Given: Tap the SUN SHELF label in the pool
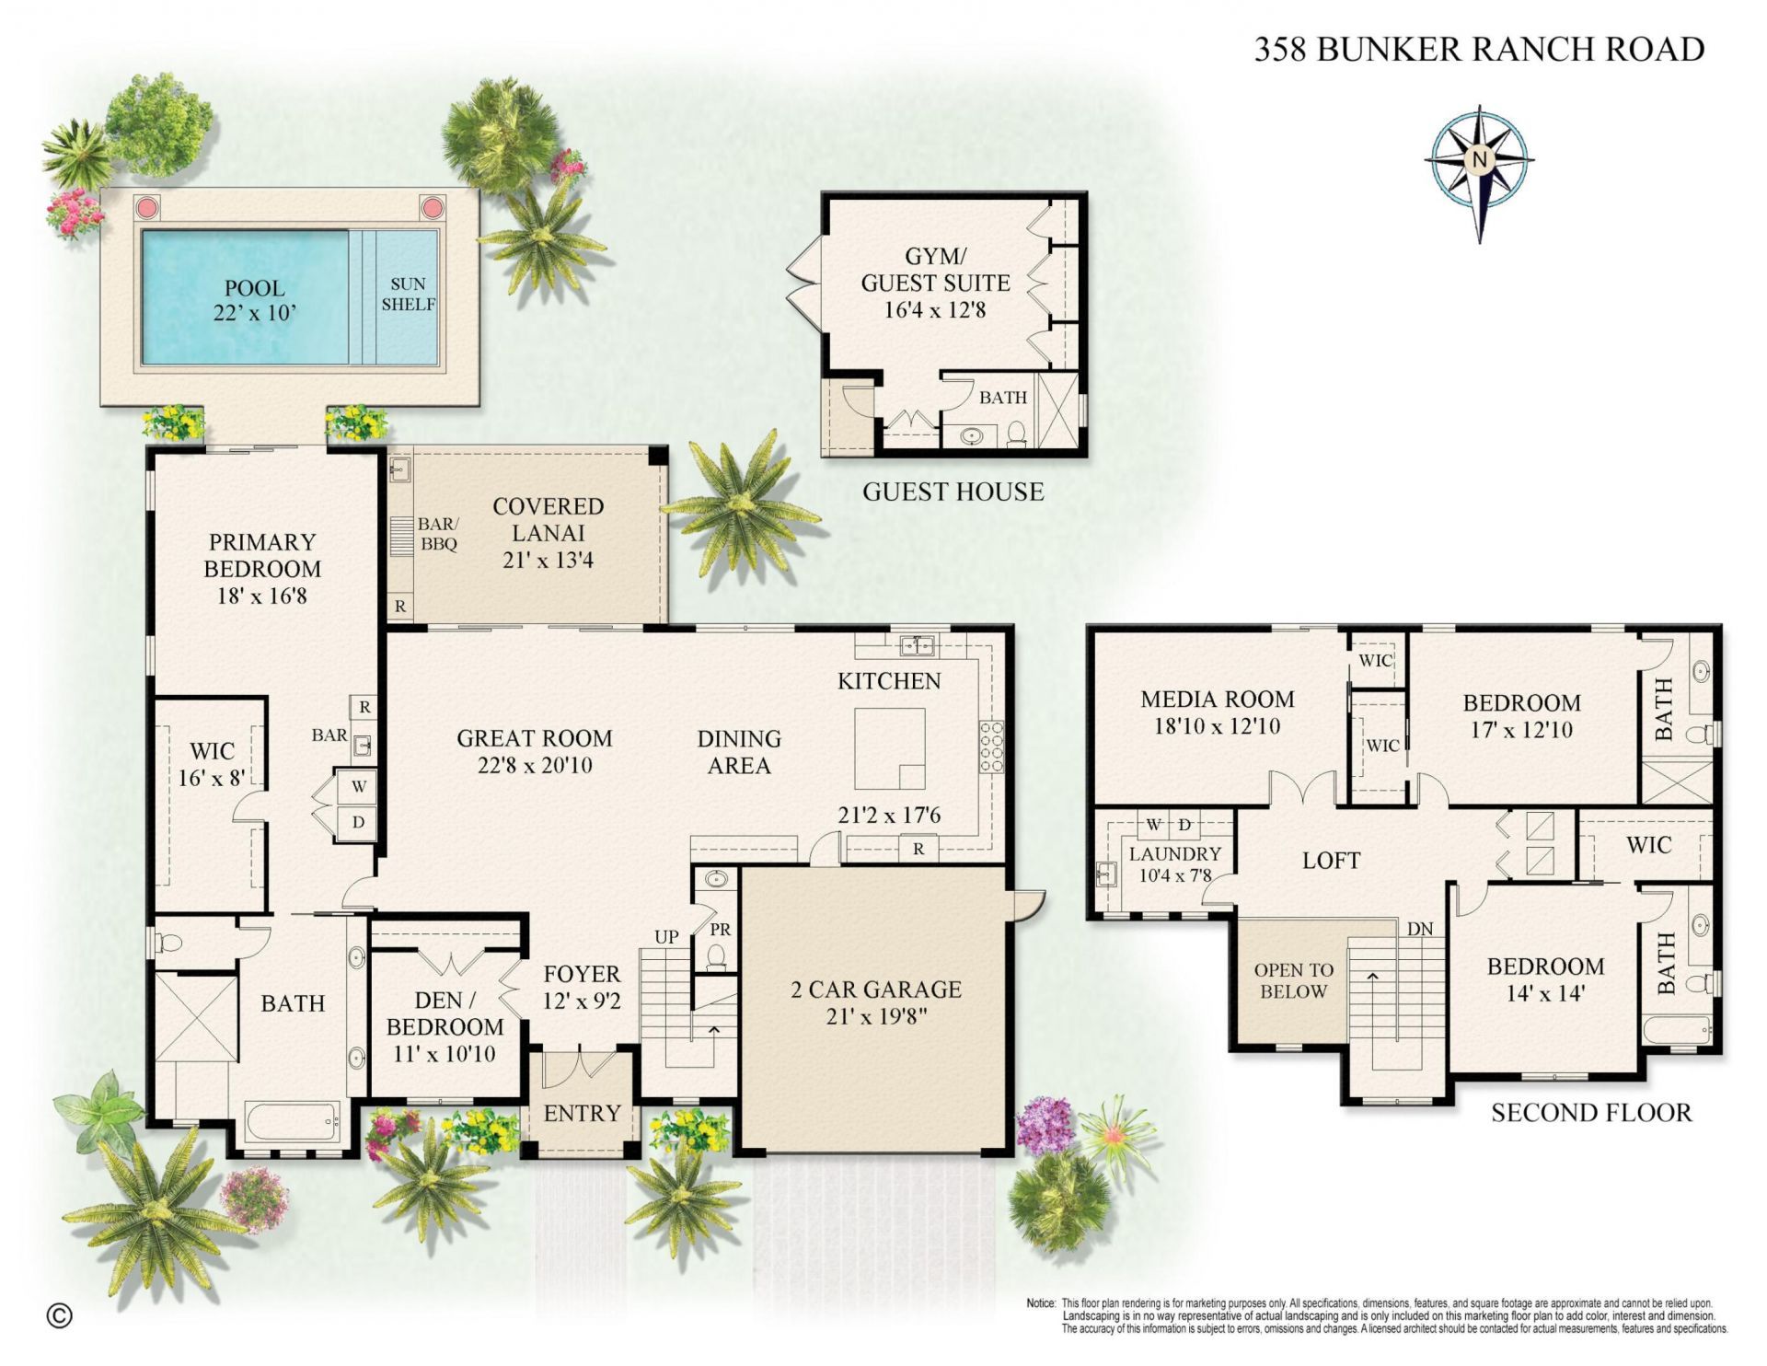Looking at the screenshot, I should (x=408, y=295).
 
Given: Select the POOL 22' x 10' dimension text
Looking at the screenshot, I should (x=254, y=301).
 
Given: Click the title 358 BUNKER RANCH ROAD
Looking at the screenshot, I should (x=1479, y=49).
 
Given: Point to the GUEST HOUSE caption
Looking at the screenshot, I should (x=953, y=492).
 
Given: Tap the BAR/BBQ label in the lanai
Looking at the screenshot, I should (x=438, y=534).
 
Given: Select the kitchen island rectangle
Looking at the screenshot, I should (x=889, y=747).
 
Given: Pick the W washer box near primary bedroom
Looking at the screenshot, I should (x=359, y=786).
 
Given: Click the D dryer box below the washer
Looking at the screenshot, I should (x=359, y=822).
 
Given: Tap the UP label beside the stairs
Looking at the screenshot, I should (x=666, y=936).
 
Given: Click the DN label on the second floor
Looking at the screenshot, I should (x=1420, y=929).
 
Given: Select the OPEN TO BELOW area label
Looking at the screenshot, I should (x=1293, y=980).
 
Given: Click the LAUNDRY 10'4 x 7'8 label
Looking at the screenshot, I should (x=1174, y=864).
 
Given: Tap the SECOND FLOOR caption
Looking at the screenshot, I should (x=1591, y=1113).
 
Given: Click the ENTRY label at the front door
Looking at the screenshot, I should (x=582, y=1114).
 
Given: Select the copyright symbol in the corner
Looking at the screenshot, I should (x=59, y=1316).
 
